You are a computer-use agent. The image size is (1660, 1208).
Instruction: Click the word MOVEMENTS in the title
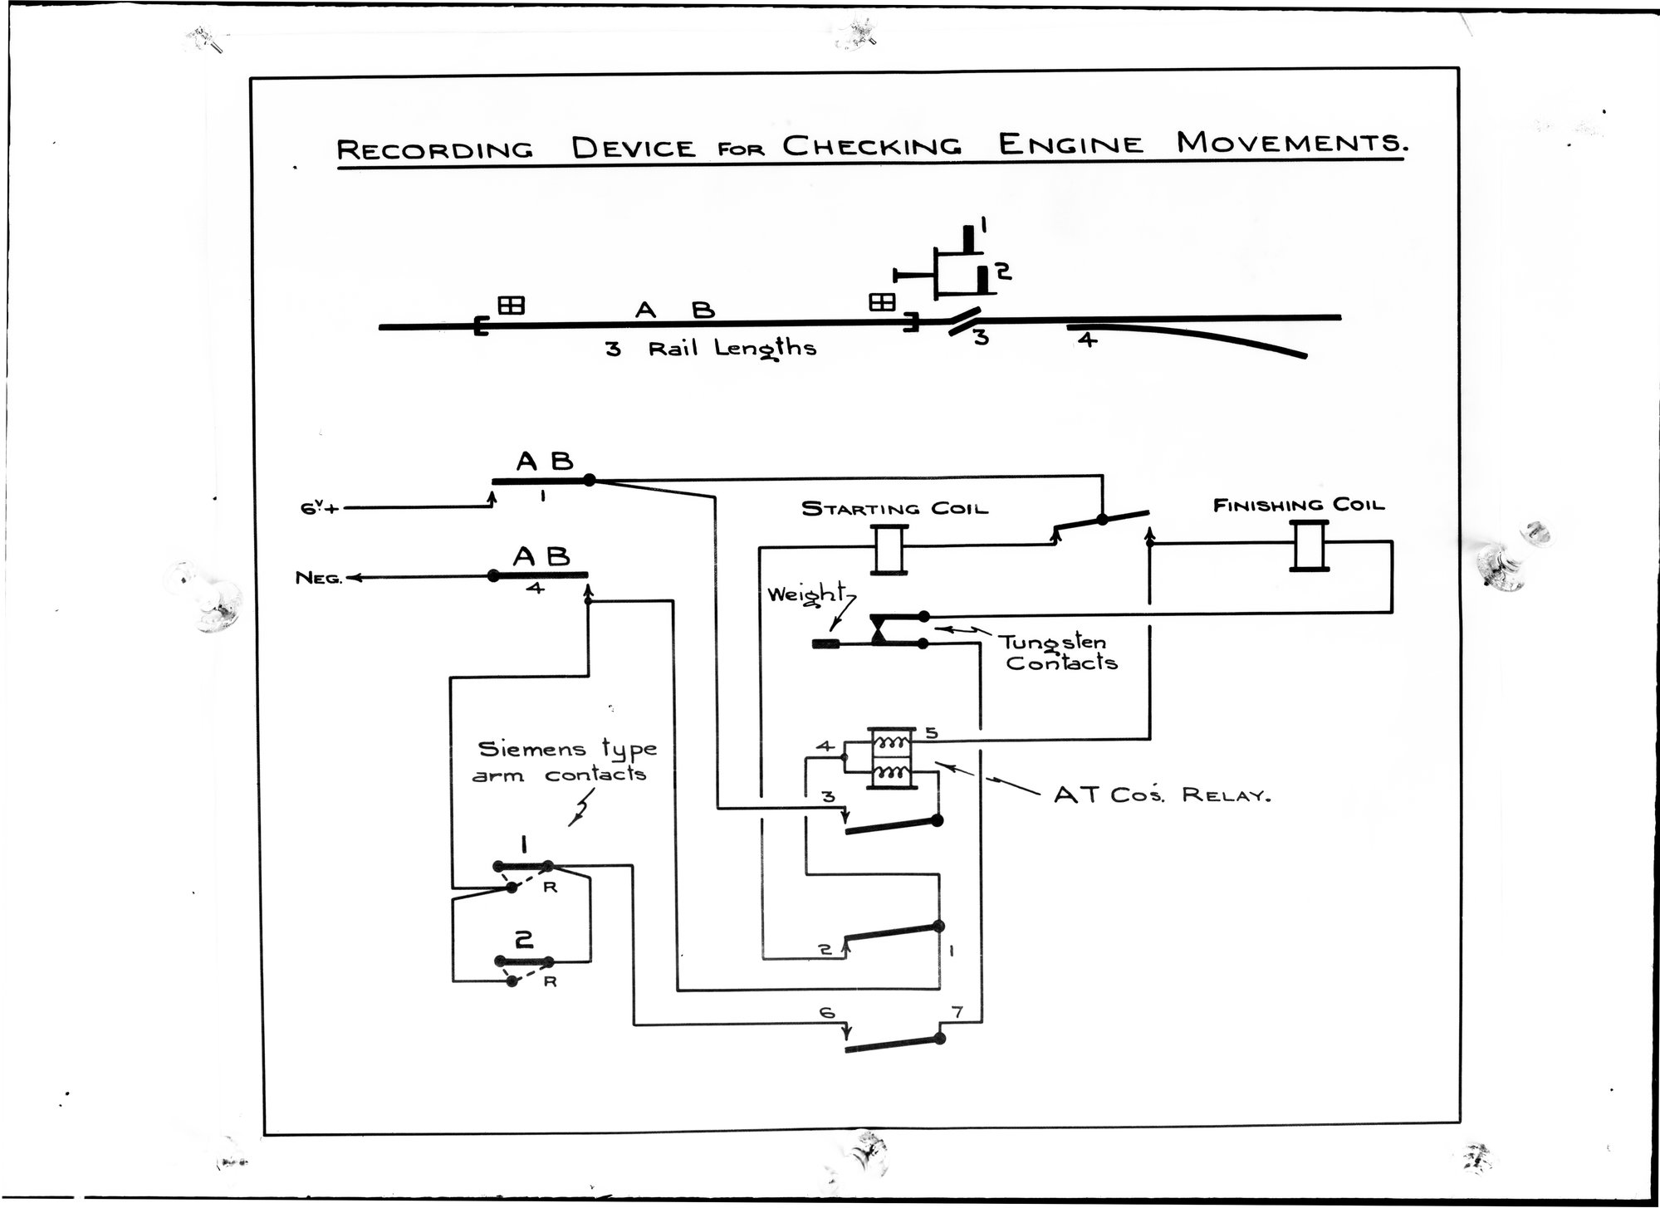tap(1291, 144)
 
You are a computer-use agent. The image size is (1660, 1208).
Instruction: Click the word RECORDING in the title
tap(433, 150)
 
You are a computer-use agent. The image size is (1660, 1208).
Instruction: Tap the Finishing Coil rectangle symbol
tap(1310, 545)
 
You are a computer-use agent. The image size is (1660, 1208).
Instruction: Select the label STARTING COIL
tap(894, 508)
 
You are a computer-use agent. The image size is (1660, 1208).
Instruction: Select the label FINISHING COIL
tap(1299, 505)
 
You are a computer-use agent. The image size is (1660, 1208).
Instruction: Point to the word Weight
tap(805, 595)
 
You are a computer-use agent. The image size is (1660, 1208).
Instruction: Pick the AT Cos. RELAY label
tap(1163, 795)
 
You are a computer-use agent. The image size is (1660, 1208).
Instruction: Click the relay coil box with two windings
tap(891, 759)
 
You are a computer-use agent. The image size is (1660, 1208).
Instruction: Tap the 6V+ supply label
tap(321, 507)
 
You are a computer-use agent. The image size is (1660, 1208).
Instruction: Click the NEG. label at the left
tap(318, 579)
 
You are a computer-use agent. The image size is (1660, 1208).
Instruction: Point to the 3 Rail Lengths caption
tap(711, 349)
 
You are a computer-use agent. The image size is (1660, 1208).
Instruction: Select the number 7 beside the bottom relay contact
tap(957, 1013)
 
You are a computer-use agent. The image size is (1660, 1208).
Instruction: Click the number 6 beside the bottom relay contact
tap(826, 1013)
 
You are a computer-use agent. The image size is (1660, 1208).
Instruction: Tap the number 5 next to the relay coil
tap(931, 733)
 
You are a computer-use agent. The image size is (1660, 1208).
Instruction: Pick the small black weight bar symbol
tap(825, 643)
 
